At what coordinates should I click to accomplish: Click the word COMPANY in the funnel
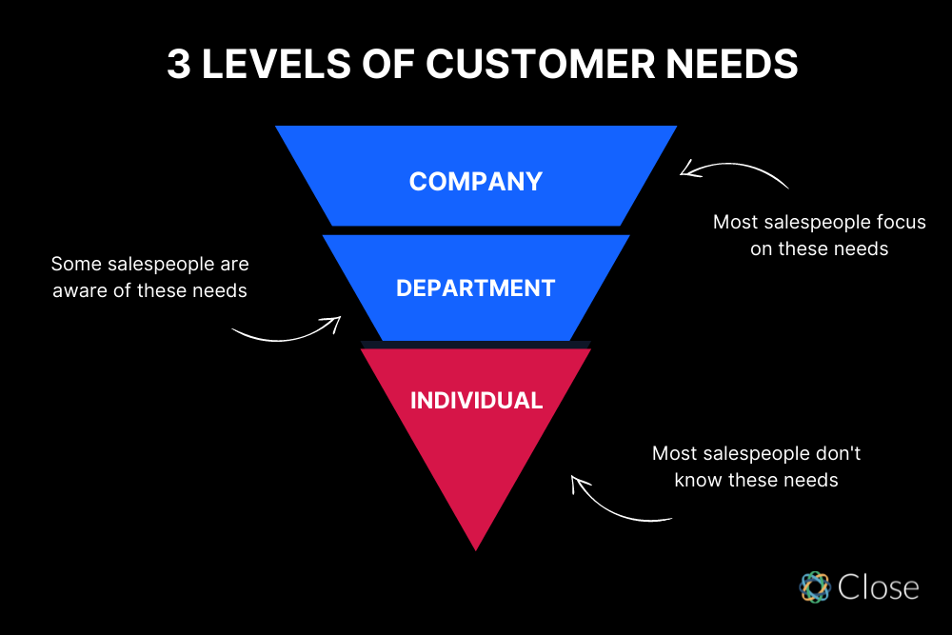pyautogui.click(x=475, y=181)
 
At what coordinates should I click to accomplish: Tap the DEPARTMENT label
pyautogui.click(x=475, y=288)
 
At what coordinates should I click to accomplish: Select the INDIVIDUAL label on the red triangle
pyautogui.click(x=476, y=400)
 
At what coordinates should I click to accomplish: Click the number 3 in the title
pyautogui.click(x=178, y=65)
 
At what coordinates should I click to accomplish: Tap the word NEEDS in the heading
pyautogui.click(x=728, y=65)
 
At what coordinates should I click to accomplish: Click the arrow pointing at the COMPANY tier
pyautogui.click(x=733, y=171)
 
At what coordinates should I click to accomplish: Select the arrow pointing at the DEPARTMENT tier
pyautogui.click(x=286, y=329)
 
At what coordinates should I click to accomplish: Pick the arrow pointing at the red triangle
pyautogui.click(x=619, y=503)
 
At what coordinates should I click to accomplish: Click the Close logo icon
pyautogui.click(x=815, y=586)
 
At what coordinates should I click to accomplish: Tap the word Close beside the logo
pyautogui.click(x=878, y=586)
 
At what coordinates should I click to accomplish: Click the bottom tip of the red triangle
pyautogui.click(x=475, y=546)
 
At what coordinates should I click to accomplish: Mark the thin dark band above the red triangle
pyautogui.click(x=475, y=344)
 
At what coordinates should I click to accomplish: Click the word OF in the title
pyautogui.click(x=390, y=65)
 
